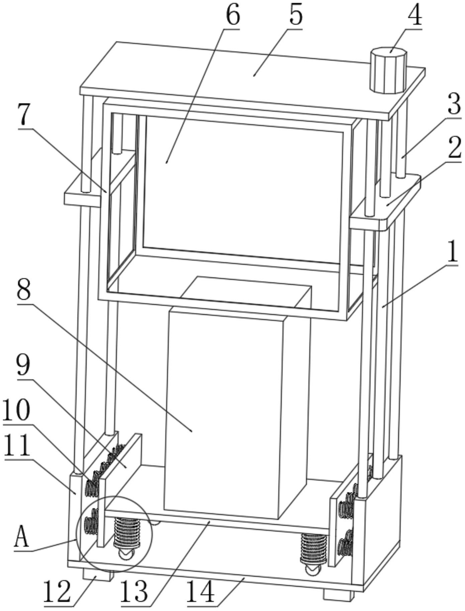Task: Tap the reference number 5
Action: click(295, 15)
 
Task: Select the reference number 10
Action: click(16, 410)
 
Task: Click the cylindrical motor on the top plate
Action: click(388, 70)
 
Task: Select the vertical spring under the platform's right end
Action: click(313, 548)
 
